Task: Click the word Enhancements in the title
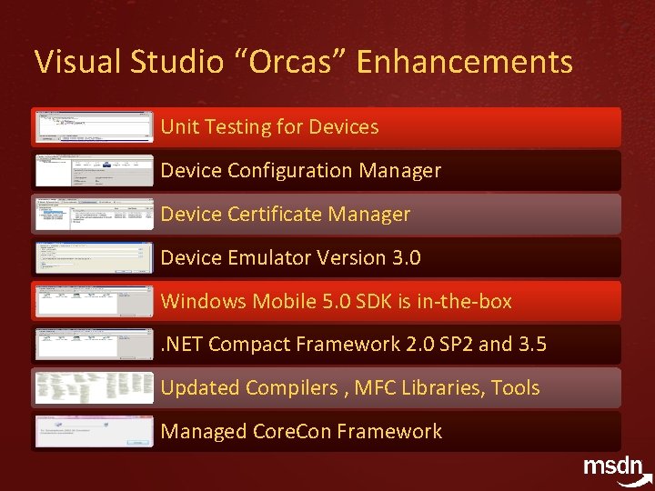pos(465,62)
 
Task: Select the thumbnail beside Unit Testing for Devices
pos(94,127)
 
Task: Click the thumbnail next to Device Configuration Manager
pos(94,171)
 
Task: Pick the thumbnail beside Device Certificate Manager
pos(94,215)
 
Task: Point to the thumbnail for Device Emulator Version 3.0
pos(94,258)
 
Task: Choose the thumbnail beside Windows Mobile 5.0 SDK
pos(94,301)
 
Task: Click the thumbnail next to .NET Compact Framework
pos(94,345)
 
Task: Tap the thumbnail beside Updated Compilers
pos(94,388)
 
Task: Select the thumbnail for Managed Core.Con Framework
pos(94,431)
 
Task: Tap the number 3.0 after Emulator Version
pos(405,258)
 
